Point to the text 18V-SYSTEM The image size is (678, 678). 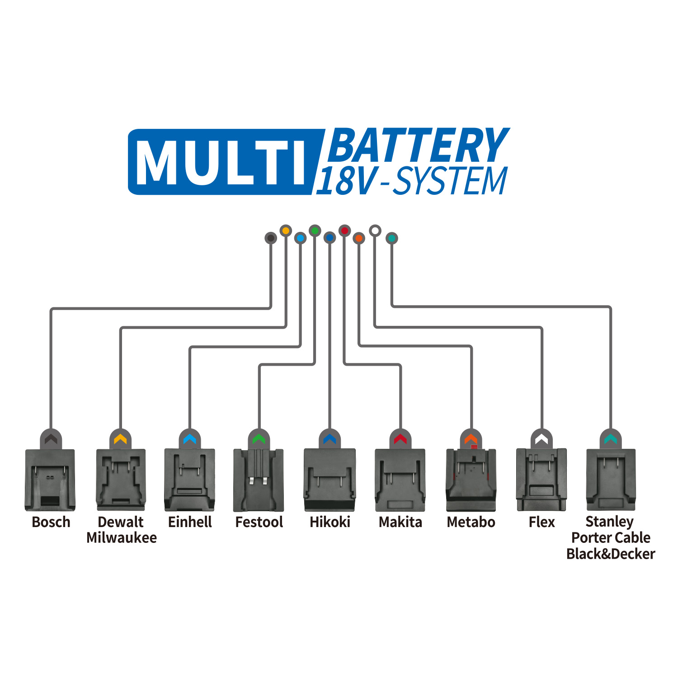tap(411, 181)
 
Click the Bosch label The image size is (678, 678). tap(51, 522)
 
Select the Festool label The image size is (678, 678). tap(259, 522)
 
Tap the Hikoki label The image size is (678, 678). tap(330, 522)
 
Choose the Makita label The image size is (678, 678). tap(400, 522)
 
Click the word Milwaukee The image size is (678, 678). tap(122, 538)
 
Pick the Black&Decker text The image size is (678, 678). tap(611, 554)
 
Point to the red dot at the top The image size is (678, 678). tap(345, 231)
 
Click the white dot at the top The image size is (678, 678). tap(375, 231)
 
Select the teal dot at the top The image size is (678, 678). tap(392, 238)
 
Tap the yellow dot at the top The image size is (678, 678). tap(286, 231)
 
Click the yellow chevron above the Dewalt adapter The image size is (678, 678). tap(120, 439)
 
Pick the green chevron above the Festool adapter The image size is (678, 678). tap(259, 439)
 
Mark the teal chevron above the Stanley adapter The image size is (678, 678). tap(611, 439)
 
